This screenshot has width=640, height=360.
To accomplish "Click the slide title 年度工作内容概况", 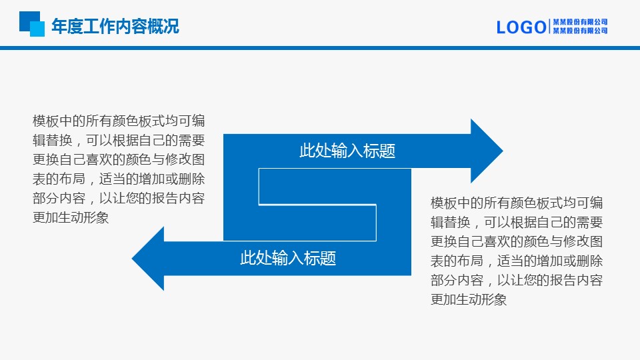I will pyautogui.click(x=115, y=27).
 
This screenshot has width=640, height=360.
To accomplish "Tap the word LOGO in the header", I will pyautogui.click(x=521, y=27).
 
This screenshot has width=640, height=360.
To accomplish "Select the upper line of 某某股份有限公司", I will pyautogui.click(x=580, y=22).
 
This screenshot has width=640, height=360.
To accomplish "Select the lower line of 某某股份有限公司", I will pyautogui.click(x=580, y=31).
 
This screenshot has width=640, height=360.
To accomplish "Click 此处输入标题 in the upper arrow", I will pyautogui.click(x=347, y=151).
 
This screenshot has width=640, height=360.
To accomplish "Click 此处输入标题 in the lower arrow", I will pyautogui.click(x=288, y=258).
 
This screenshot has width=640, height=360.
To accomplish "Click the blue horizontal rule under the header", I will pyautogui.click(x=320, y=48).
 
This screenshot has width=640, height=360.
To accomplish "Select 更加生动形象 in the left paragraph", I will pyautogui.click(x=71, y=217).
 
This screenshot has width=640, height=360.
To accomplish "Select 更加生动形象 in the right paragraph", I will pyautogui.click(x=469, y=299).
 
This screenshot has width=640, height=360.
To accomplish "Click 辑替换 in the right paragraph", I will pyautogui.click(x=451, y=222).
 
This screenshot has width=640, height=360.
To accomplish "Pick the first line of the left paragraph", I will pyautogui.click(x=119, y=121).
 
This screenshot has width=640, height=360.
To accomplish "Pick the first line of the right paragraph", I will pyautogui.click(x=517, y=203).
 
